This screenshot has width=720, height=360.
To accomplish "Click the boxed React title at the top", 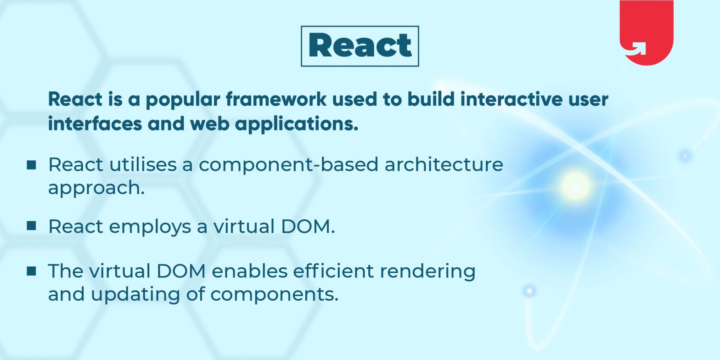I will pyautogui.click(x=360, y=46).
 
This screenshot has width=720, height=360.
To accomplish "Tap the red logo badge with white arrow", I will pyautogui.click(x=646, y=32).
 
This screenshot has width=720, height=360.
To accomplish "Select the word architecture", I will pyautogui.click(x=444, y=164).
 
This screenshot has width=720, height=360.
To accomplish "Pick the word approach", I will pyautogui.click(x=96, y=188).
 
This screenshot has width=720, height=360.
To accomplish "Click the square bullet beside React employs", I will pyautogui.click(x=31, y=225).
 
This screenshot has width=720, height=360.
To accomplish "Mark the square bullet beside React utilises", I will pyautogui.click(x=31, y=164).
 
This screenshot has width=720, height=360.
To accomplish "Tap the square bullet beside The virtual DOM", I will pyautogui.click(x=31, y=271).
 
